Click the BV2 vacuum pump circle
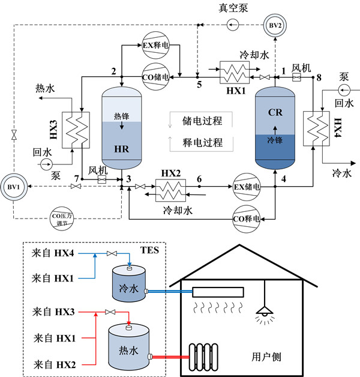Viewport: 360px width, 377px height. click(275, 25)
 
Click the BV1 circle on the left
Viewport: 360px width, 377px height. click(13, 187)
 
